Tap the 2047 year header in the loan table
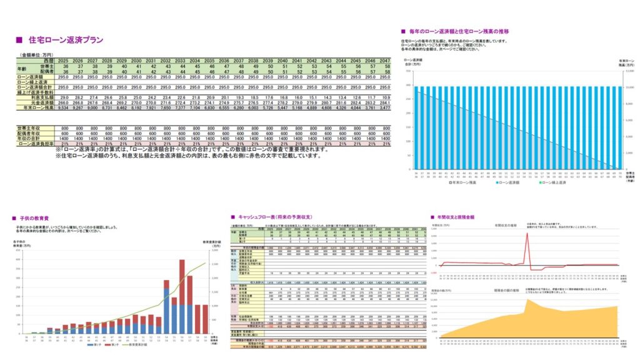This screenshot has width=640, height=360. [386, 61]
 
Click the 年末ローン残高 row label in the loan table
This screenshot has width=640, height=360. [36, 108]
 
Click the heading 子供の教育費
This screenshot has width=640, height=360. [32, 217]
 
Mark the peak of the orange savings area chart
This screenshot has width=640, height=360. [527, 300]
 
